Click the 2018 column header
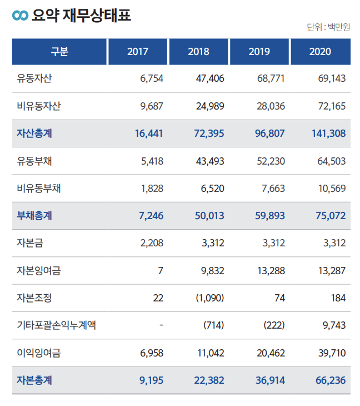pos(199,52)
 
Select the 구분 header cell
pos(59,52)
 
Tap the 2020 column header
pos(320,52)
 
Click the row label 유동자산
pos(34,78)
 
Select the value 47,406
pos(210,78)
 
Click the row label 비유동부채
pos(39,188)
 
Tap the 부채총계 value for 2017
pos(149,216)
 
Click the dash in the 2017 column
pos(161,325)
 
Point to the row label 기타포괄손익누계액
pos(57,325)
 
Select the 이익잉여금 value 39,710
pos(331,353)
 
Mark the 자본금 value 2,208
pos(152,243)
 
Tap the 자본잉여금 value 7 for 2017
pos(161,271)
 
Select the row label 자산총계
pos(34,133)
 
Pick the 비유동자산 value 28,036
pos(271,106)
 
